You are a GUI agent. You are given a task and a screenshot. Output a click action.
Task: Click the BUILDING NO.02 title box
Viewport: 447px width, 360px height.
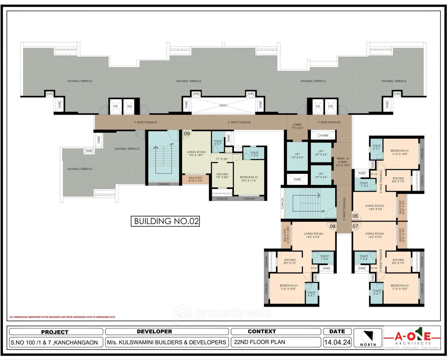[165, 221]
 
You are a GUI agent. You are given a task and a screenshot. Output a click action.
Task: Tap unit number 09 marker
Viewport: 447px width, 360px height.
[187, 134]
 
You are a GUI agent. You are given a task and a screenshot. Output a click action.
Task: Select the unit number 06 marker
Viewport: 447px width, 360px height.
[355, 216]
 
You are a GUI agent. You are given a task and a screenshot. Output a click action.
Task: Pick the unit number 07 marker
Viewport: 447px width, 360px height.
[355, 226]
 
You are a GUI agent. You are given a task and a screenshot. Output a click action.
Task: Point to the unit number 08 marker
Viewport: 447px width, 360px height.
[333, 226]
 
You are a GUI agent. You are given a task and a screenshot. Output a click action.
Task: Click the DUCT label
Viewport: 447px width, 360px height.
[223, 105]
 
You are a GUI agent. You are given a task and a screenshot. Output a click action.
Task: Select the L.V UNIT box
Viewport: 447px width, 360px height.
[323, 136]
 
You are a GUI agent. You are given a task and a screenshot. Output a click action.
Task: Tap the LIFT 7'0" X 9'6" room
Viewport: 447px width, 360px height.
[297, 156]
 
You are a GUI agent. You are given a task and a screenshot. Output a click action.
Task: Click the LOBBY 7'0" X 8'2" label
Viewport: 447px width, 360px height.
[297, 126]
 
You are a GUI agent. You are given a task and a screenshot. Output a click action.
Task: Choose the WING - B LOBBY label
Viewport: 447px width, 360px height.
[343, 162]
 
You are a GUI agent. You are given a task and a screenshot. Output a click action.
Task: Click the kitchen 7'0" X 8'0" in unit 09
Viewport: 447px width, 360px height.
[222, 176]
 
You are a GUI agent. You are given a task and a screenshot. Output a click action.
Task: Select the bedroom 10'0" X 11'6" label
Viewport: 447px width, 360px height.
[249, 179]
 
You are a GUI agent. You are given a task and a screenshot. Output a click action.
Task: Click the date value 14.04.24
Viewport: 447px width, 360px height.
[337, 342]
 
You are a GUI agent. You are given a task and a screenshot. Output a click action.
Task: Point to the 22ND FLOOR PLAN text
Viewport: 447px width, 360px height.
[260, 342]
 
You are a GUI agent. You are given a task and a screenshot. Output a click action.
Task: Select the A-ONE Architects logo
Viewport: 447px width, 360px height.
[412, 338]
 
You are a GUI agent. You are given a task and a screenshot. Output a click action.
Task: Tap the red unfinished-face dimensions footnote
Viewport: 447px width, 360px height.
[62, 317]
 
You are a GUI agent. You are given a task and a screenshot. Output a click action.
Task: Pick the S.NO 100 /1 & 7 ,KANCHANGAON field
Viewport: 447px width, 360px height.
[54, 343]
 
